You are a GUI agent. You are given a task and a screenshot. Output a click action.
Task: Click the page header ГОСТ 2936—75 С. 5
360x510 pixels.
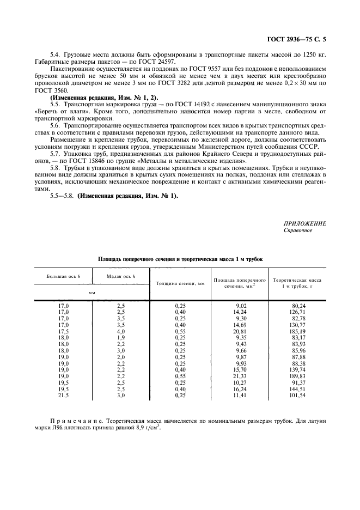point(309,39)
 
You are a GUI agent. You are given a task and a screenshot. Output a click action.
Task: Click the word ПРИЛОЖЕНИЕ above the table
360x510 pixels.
point(304,223)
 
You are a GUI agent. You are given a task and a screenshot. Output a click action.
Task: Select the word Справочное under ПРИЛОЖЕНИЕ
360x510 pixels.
point(298,230)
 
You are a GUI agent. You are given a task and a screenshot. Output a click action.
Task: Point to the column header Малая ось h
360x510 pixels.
point(121,276)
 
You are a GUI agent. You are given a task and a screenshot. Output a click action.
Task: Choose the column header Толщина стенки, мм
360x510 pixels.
point(180,284)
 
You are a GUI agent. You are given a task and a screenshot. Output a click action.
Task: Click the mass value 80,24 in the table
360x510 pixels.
point(298,306)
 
